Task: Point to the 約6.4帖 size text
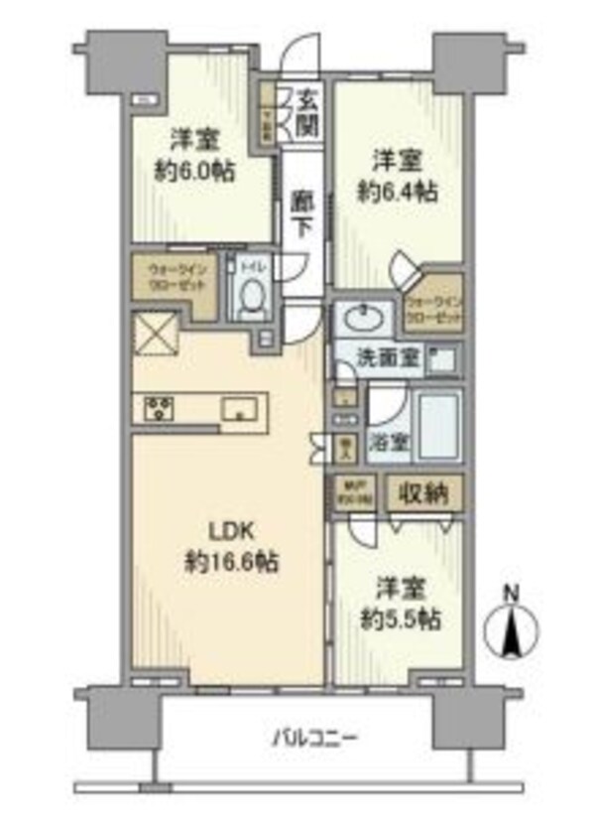[x=400, y=189]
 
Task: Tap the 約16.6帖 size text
[x=229, y=563]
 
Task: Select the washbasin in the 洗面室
[x=362, y=320]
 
